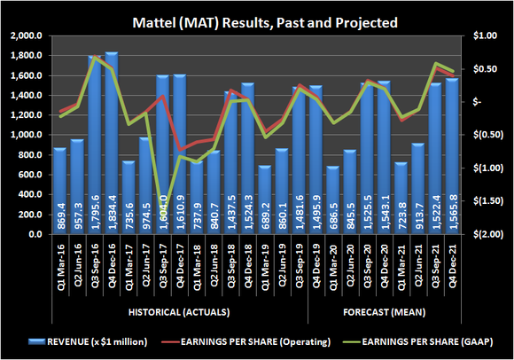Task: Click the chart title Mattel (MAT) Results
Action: (257, 19)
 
